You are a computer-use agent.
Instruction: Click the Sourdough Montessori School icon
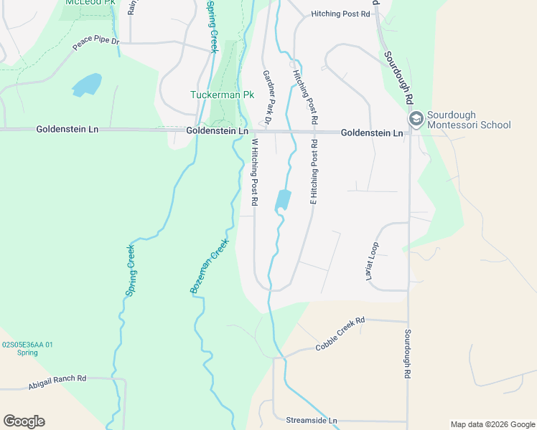(x=415, y=119)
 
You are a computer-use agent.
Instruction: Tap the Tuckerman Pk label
(x=222, y=95)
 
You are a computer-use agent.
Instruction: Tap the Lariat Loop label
(x=373, y=260)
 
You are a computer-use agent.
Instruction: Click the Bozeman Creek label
(x=209, y=266)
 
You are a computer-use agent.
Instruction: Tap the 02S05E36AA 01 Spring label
(x=27, y=348)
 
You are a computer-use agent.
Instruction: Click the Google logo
(x=24, y=421)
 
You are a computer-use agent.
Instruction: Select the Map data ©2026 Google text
(x=492, y=424)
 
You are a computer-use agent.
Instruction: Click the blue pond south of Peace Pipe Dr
(x=86, y=85)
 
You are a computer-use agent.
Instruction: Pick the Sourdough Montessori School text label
(x=468, y=120)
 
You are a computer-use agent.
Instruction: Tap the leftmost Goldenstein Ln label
(x=67, y=130)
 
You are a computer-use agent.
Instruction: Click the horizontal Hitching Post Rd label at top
(x=340, y=14)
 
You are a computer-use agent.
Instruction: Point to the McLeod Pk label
(x=90, y=3)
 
